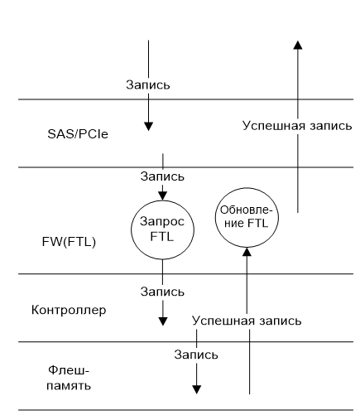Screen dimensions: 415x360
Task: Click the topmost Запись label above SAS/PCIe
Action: tap(148, 84)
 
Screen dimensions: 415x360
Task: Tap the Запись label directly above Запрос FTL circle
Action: tap(162, 176)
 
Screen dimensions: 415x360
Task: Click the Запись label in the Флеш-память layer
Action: tap(196, 355)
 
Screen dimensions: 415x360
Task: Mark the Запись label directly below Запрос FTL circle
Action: tap(162, 292)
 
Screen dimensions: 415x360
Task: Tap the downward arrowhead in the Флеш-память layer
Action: tap(196, 387)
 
